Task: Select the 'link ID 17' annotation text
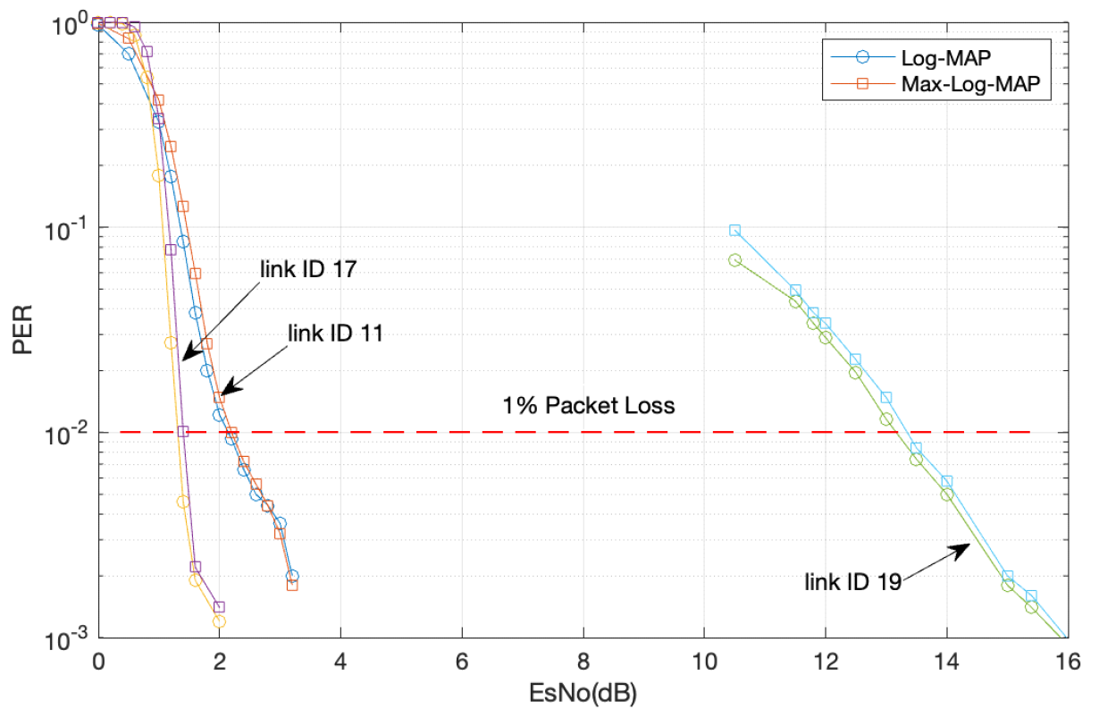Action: click(x=309, y=268)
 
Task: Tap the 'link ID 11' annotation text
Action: click(x=335, y=334)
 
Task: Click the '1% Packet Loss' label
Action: click(x=589, y=405)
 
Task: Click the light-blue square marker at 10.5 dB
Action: click(x=734, y=230)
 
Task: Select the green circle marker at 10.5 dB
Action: click(x=734, y=260)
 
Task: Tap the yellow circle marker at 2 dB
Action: click(x=219, y=621)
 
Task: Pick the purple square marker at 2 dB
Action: click(x=219, y=607)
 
